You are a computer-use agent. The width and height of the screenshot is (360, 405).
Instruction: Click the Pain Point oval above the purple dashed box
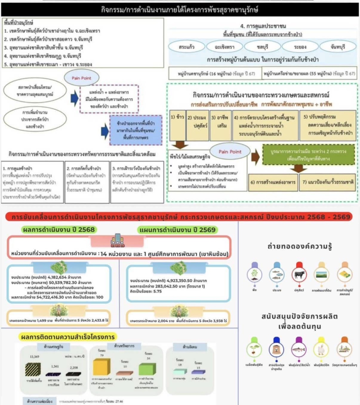coord(92,77)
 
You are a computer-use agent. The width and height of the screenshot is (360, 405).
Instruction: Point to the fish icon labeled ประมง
coord(277,274)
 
